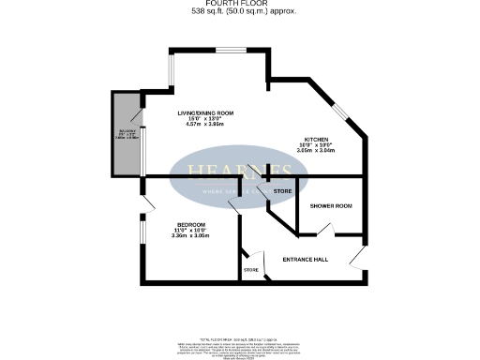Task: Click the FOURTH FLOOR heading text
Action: click(239, 5)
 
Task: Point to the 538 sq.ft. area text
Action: click(239, 13)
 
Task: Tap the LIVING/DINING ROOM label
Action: click(205, 113)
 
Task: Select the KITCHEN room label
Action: click(314, 138)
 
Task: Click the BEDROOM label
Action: click(191, 223)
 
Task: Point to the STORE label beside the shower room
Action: click(282, 191)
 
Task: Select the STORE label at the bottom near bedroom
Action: click(250, 271)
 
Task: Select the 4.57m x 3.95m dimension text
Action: click(205, 125)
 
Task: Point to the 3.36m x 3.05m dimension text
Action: click(191, 235)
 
